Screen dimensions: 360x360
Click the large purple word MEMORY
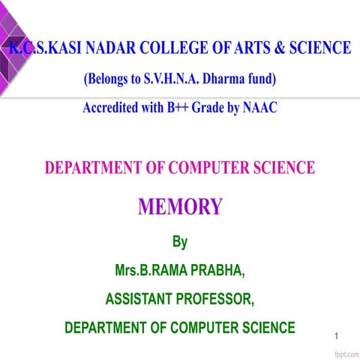[x=180, y=206]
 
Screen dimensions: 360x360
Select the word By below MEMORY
[x=180, y=242]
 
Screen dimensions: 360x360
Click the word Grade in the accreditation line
[x=211, y=108]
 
